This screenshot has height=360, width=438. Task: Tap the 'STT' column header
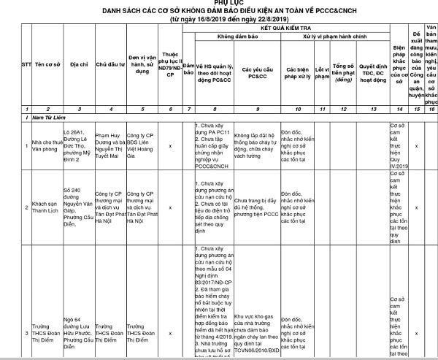(x=7, y=72)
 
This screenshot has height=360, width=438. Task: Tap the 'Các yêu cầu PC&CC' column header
(x=256, y=72)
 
